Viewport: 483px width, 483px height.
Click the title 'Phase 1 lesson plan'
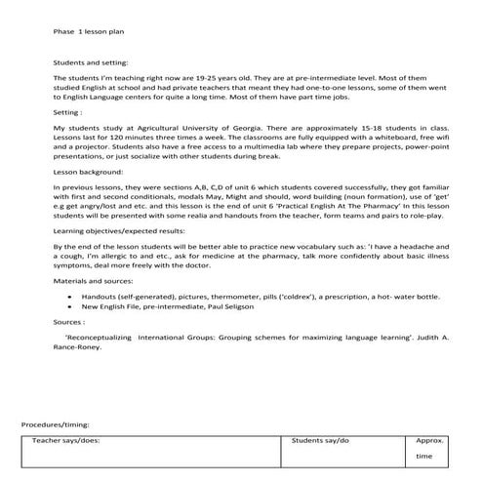click(88, 31)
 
